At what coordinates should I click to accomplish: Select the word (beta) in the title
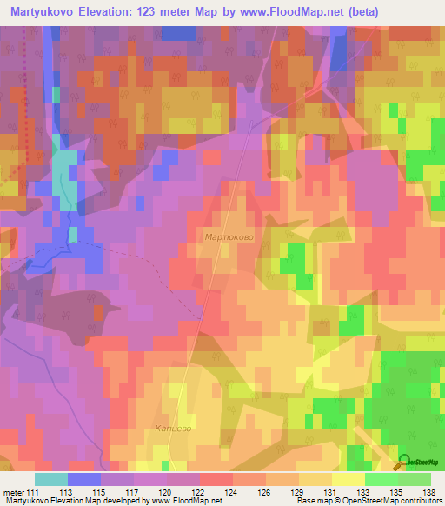[355, 11]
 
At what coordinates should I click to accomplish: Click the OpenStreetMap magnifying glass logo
[405, 463]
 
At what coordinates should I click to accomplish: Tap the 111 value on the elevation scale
[33, 493]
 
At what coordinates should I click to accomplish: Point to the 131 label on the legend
[330, 493]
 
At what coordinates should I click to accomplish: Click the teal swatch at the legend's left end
[50, 479]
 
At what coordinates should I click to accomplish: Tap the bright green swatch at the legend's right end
[415, 479]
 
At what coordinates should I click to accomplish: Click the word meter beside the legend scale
[12, 493]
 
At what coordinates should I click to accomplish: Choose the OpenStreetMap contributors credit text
[399, 501]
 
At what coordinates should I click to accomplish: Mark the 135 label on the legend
[396, 493]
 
